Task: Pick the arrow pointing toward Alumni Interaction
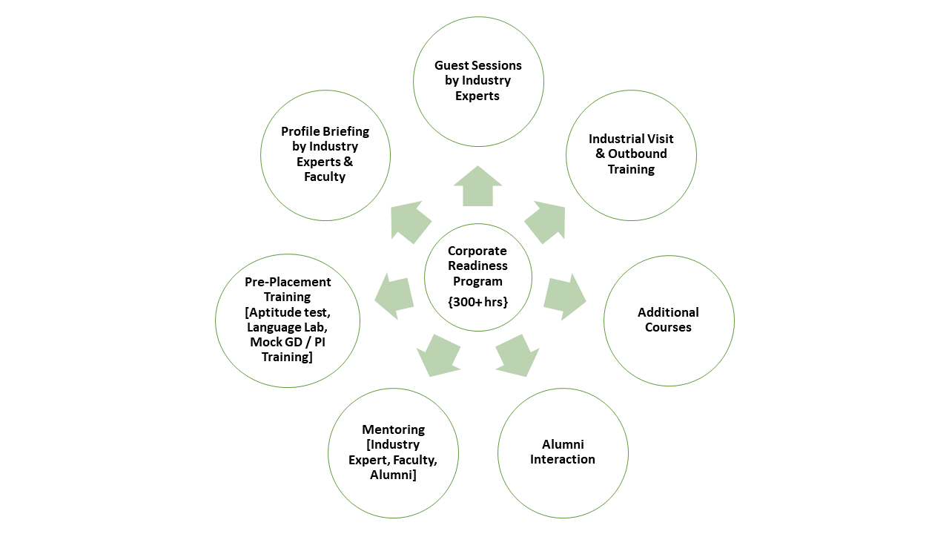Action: tap(518, 354)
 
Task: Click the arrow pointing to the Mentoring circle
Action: tap(438, 355)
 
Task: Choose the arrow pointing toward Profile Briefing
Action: tap(410, 222)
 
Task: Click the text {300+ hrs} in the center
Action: tap(478, 301)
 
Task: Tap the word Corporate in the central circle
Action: tap(477, 251)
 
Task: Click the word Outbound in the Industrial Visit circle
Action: tap(638, 154)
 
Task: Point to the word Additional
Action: tap(668, 312)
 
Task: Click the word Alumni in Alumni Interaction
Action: tap(563, 444)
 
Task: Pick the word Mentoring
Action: tap(393, 429)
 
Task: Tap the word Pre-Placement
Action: tap(288, 282)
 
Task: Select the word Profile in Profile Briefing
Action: tap(300, 131)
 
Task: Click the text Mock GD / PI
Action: tap(288, 342)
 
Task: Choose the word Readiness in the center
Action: tap(477, 266)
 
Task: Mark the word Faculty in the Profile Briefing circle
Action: tap(325, 177)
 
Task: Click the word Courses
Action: tap(668, 327)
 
